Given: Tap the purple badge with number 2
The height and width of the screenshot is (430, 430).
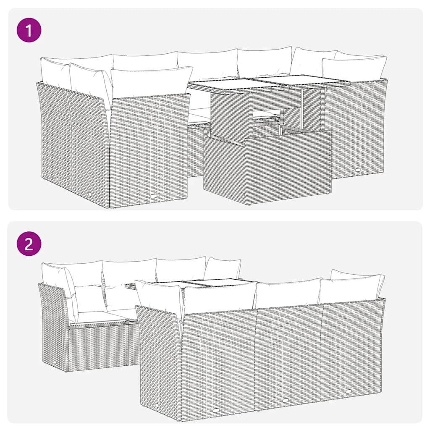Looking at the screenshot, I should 29,243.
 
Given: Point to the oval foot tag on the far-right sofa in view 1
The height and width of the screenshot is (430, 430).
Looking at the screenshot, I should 357,170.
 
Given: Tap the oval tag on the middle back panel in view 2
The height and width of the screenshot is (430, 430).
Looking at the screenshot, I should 286,400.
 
